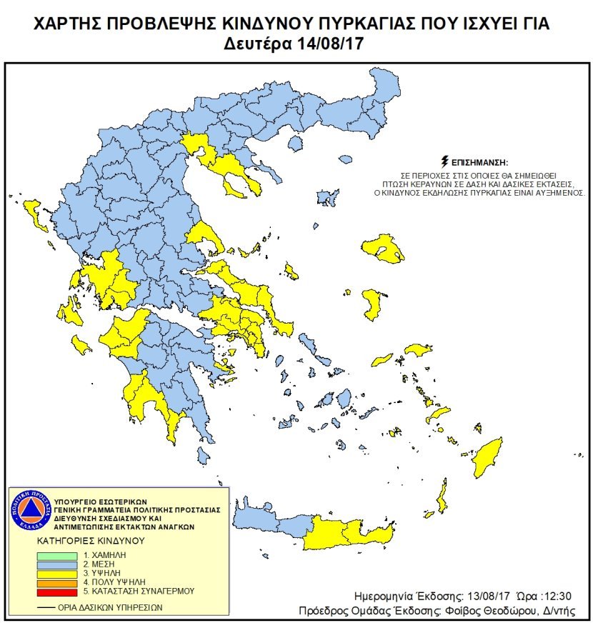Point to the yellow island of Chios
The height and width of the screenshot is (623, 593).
pos(372,304)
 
